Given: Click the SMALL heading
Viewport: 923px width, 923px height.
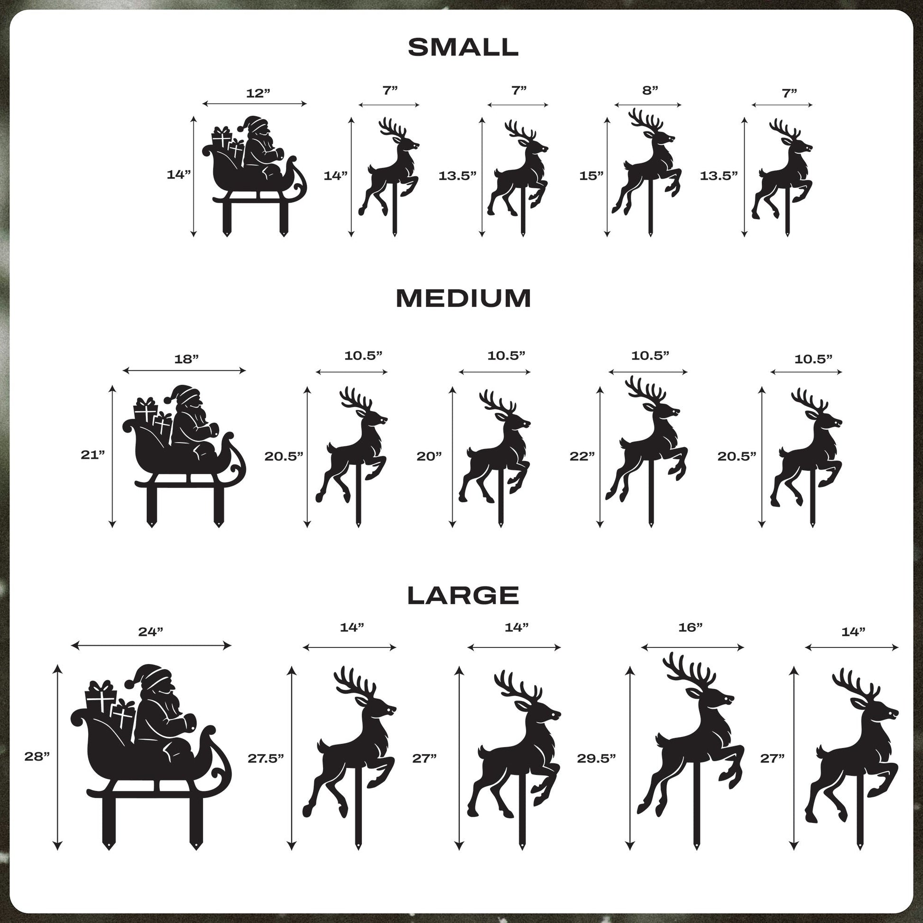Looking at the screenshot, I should [x=463, y=47].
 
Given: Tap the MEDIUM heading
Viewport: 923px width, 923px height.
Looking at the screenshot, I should [x=463, y=299].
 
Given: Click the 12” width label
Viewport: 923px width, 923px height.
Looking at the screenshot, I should [x=258, y=93].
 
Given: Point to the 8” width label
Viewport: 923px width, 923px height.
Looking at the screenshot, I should [x=650, y=90].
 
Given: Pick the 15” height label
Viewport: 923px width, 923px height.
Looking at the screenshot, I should [x=591, y=176].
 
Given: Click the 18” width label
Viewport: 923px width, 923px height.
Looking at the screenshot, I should [x=186, y=359].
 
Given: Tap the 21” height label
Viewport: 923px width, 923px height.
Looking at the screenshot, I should [x=92, y=455].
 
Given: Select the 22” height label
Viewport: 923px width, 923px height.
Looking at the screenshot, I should [x=582, y=456].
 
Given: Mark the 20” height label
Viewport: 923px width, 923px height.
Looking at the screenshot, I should [x=429, y=456].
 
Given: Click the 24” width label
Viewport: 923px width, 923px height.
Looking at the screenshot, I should [x=150, y=632].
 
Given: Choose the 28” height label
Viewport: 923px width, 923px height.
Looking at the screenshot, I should [x=37, y=756].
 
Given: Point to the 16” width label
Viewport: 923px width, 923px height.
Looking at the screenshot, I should [x=690, y=628].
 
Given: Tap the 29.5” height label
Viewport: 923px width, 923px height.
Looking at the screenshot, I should [x=596, y=757].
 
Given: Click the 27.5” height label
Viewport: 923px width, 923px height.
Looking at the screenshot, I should [x=266, y=757].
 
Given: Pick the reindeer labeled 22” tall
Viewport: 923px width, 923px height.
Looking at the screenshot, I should [x=647, y=447].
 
